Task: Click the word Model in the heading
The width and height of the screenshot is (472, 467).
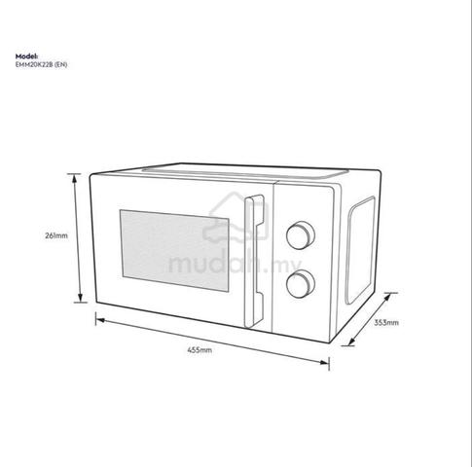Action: click(x=26, y=56)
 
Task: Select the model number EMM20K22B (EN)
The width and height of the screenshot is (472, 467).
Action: click(x=42, y=64)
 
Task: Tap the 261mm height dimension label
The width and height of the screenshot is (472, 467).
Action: click(x=56, y=235)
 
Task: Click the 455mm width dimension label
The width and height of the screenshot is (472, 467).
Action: click(x=200, y=350)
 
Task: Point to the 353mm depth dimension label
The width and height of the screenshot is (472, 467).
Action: click(x=386, y=323)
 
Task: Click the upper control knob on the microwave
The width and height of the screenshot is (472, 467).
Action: click(x=301, y=235)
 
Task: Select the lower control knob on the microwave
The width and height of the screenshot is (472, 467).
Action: click(x=301, y=284)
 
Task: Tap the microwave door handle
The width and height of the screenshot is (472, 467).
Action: click(x=254, y=261)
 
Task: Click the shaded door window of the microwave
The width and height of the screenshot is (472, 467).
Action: click(x=174, y=250)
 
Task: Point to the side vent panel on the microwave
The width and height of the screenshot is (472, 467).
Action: click(x=360, y=250)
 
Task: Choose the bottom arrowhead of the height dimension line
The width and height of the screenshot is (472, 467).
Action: click(x=80, y=298)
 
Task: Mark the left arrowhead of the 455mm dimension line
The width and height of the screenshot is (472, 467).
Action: click(x=100, y=320)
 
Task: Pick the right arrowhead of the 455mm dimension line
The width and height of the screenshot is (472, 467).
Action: click(x=324, y=362)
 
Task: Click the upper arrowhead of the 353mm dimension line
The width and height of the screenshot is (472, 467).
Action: click(x=387, y=297)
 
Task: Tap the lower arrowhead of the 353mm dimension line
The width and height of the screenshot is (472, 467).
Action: click(x=351, y=341)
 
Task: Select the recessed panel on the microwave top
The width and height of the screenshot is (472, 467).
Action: click(x=245, y=172)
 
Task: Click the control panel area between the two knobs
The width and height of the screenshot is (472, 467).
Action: click(x=301, y=260)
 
